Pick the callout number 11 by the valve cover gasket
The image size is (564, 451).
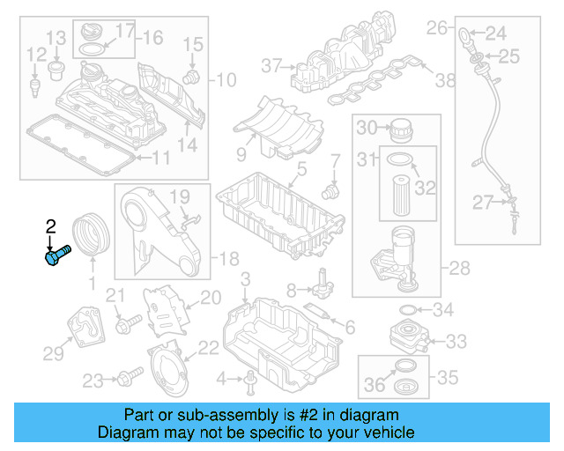(160, 159)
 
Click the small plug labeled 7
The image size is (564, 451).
(331, 189)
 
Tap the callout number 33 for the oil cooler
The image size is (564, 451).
(456, 341)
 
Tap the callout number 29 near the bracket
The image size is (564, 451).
(55, 353)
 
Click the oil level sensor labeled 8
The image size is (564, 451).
(323, 285)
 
